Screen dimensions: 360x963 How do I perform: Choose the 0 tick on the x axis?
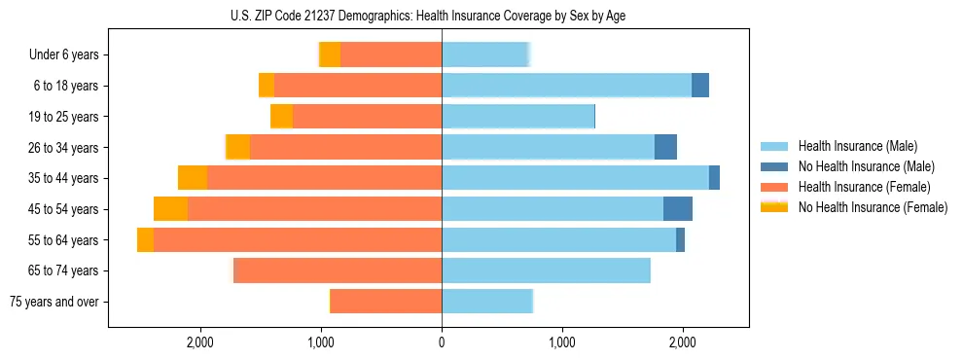coord(442,342)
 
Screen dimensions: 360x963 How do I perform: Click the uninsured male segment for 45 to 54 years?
coord(678,209)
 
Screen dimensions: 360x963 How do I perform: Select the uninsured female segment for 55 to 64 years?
coord(145,240)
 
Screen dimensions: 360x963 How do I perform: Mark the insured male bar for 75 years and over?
coord(487,302)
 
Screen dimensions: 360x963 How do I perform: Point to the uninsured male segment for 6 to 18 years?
coord(700,86)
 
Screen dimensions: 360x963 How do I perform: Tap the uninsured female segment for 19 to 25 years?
coord(281,117)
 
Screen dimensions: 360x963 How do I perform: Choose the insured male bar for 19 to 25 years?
coord(518,117)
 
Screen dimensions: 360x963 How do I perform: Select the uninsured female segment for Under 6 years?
coord(330,55)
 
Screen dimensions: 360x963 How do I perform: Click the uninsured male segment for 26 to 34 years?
coord(665,148)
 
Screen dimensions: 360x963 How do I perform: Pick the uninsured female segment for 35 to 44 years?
coord(193,178)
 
